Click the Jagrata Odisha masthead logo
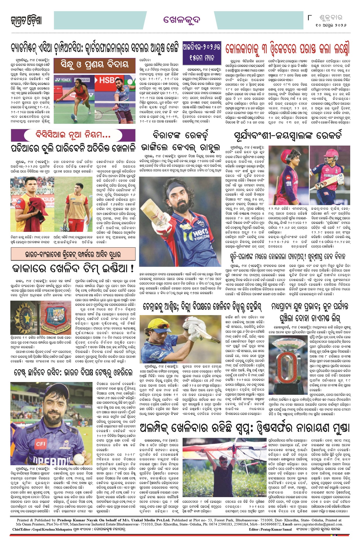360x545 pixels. tap(26, 21)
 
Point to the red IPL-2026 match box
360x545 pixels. tap(202, 52)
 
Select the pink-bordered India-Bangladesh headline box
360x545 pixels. tap(73, 254)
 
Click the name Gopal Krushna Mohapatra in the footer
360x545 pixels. tap(52, 529)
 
